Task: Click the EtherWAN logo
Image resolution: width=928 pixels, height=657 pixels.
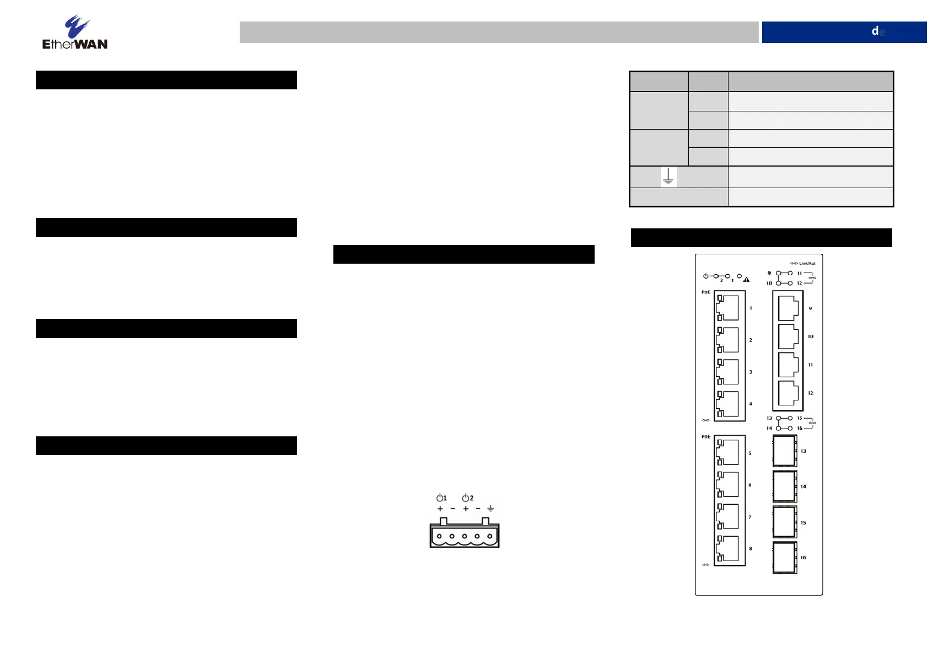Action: click(75, 33)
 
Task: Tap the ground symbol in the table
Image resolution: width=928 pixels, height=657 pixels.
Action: click(668, 177)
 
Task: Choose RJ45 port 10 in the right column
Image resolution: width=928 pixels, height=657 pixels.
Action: click(788, 336)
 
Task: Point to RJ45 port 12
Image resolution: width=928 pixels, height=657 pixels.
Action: click(788, 393)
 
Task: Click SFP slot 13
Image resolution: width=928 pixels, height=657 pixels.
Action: click(785, 451)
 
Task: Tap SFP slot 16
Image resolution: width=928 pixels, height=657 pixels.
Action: click(785, 558)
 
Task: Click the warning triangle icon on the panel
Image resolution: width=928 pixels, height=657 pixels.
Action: click(747, 279)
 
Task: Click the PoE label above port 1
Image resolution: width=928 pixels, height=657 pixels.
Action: click(706, 292)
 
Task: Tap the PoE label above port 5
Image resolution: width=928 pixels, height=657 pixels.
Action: click(706, 436)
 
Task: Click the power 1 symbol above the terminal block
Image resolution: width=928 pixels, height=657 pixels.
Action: click(441, 498)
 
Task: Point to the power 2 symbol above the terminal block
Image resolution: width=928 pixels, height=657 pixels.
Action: click(467, 498)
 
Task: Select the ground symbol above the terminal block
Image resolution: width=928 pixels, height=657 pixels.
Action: click(490, 509)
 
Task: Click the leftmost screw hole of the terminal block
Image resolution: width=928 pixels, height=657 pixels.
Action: click(439, 536)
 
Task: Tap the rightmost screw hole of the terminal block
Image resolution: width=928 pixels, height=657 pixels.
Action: click(489, 536)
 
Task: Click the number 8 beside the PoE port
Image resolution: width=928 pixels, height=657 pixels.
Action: click(751, 548)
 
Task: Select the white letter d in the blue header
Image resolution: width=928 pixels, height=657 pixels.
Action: click(875, 31)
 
